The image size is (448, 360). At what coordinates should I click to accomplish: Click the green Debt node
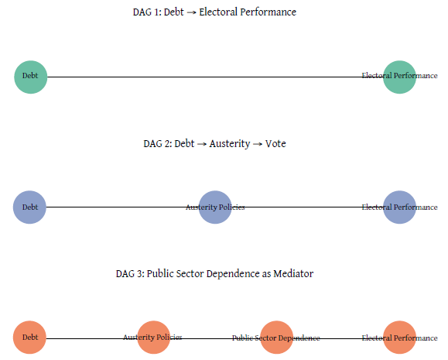(x=30, y=77)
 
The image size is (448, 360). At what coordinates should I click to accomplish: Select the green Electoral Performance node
(x=399, y=77)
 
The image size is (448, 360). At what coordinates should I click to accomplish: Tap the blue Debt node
(x=30, y=207)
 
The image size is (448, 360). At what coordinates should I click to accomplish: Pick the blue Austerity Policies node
(x=215, y=207)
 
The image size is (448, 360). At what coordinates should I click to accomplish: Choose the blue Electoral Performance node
(x=399, y=207)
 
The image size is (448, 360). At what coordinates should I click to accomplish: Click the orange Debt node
(x=30, y=338)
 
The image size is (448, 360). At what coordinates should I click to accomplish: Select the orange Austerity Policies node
(x=153, y=338)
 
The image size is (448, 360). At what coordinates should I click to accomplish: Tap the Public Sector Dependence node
(x=276, y=338)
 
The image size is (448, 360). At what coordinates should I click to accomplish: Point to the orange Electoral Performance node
(x=399, y=338)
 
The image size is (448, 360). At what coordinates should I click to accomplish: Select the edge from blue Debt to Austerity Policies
(x=116, y=207)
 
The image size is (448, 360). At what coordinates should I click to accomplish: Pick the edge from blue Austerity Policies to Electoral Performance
(x=309, y=207)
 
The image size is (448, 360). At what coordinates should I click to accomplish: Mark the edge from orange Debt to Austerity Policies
(x=85, y=338)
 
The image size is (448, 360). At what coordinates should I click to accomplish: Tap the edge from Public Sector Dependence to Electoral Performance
(x=340, y=338)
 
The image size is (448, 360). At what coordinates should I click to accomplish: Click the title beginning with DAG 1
(x=214, y=12)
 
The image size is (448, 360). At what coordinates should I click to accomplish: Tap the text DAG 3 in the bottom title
(x=128, y=274)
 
